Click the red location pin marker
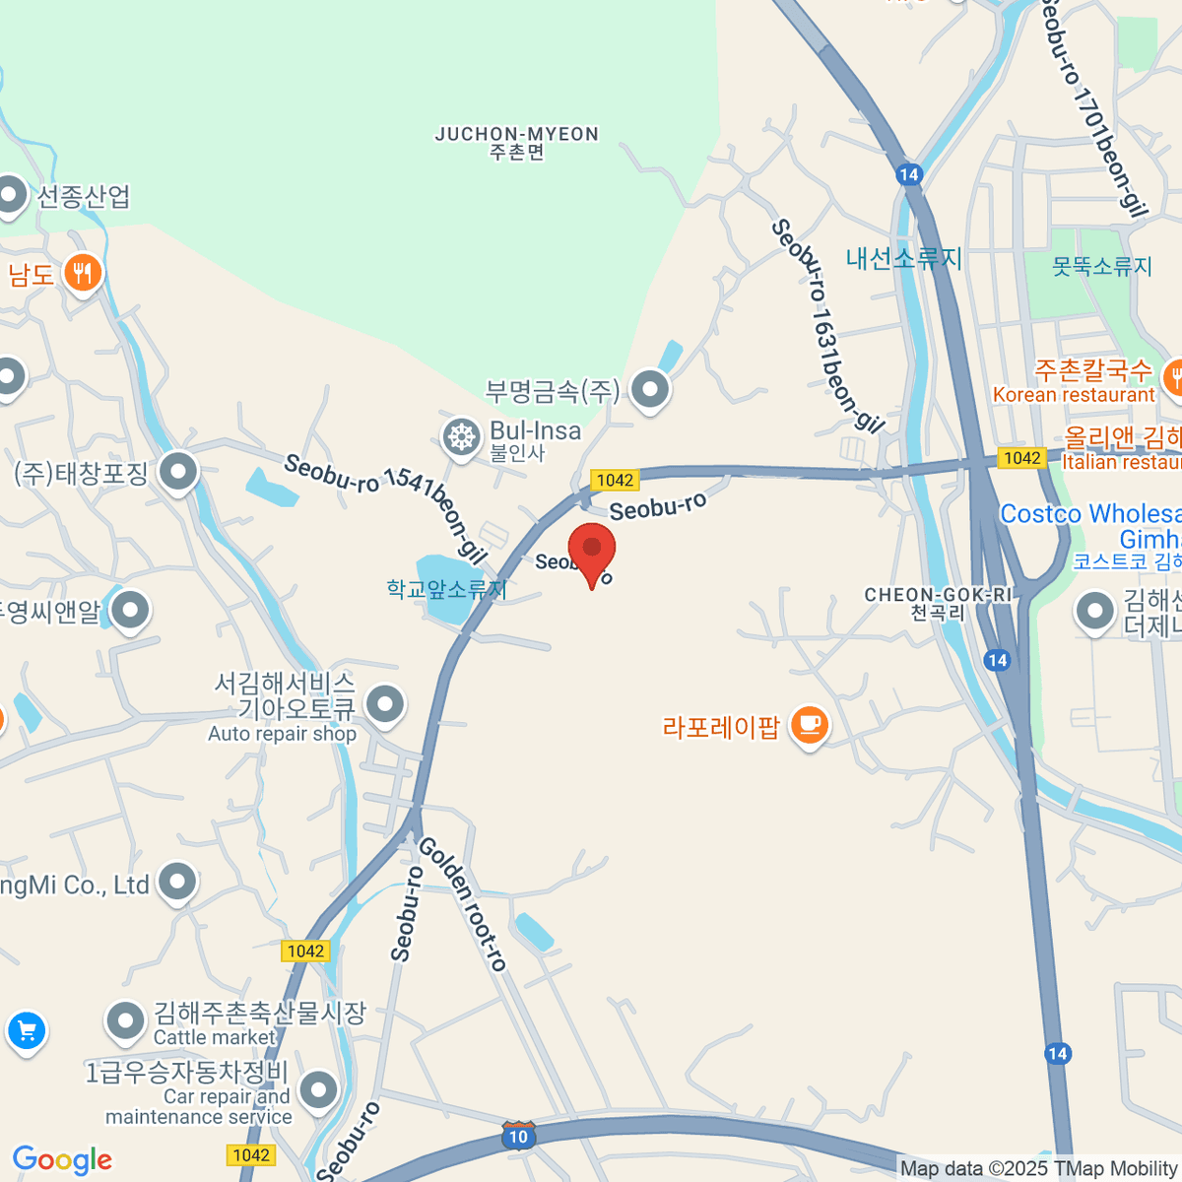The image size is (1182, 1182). [x=591, y=549]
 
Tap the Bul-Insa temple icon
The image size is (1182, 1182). [x=460, y=436]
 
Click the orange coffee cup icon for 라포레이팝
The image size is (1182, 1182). [x=810, y=726]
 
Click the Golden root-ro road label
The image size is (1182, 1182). [x=463, y=903]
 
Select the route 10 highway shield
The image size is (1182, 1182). [x=518, y=1136]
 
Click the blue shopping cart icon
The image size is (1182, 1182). [x=27, y=1031]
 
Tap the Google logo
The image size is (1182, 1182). [x=62, y=1159]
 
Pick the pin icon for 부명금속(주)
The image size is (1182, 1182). [x=650, y=389]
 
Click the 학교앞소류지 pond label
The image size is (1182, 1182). [x=446, y=589]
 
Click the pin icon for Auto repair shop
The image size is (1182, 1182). [x=384, y=704]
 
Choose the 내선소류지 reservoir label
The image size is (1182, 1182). [x=903, y=258]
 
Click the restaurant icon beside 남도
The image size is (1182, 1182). [x=82, y=273]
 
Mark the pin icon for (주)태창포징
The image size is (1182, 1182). [x=178, y=472]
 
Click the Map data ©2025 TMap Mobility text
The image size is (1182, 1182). [x=1039, y=1168]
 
